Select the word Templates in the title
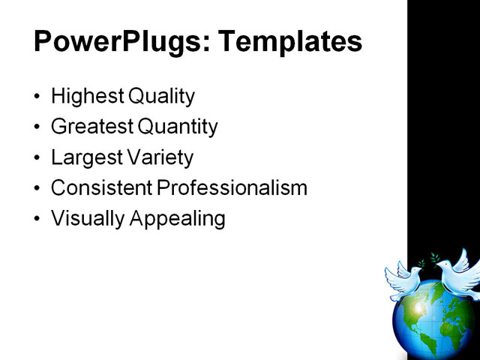(289, 42)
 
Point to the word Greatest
(88, 127)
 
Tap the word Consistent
(99, 188)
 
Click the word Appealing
(179, 219)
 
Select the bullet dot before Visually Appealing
(38, 220)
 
